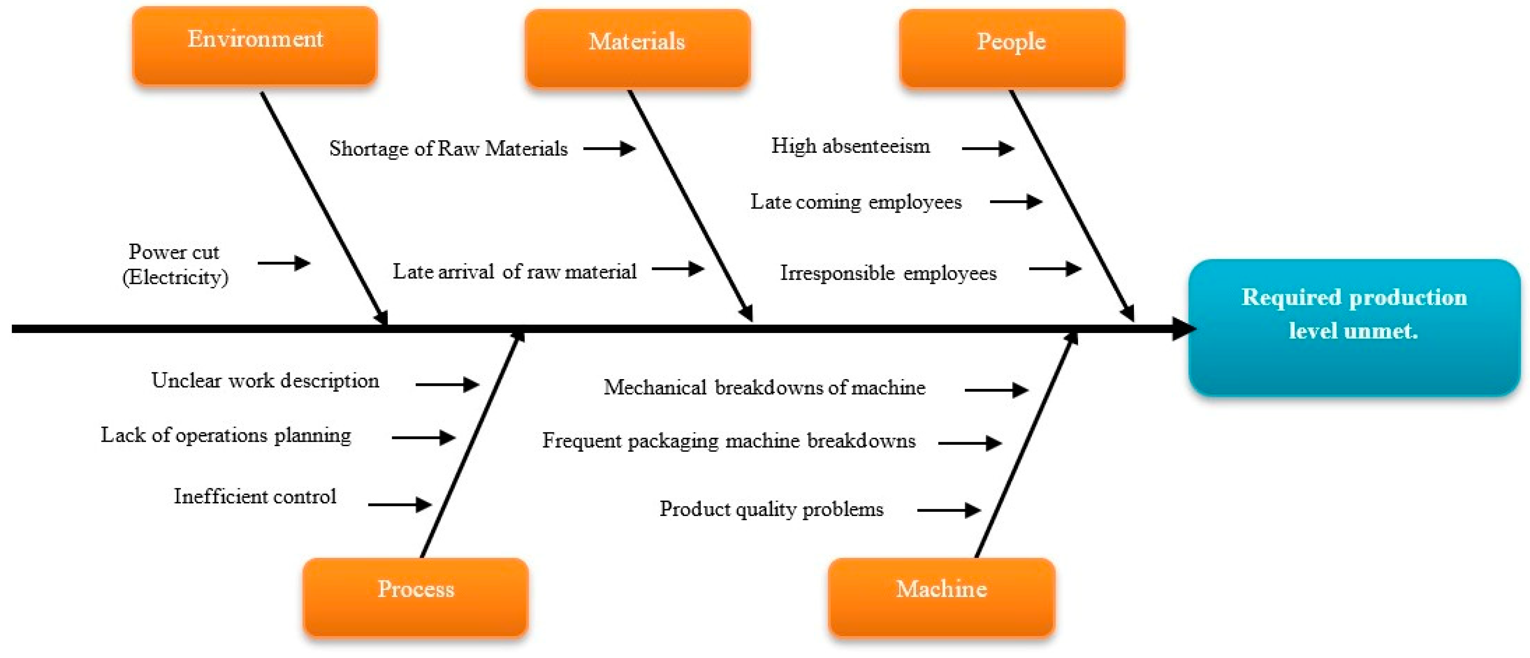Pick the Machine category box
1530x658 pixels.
[941, 596]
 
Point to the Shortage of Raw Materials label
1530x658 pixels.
[448, 148]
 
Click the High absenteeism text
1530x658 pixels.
[851, 146]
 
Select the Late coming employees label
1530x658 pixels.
[856, 202]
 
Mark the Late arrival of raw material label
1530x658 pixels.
[514, 271]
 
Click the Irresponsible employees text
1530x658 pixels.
[888, 273]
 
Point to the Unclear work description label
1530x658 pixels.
[265, 381]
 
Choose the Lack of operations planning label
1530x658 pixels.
[226, 435]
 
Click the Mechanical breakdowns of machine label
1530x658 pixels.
[764, 388]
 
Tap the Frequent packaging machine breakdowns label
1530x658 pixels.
[729, 441]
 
